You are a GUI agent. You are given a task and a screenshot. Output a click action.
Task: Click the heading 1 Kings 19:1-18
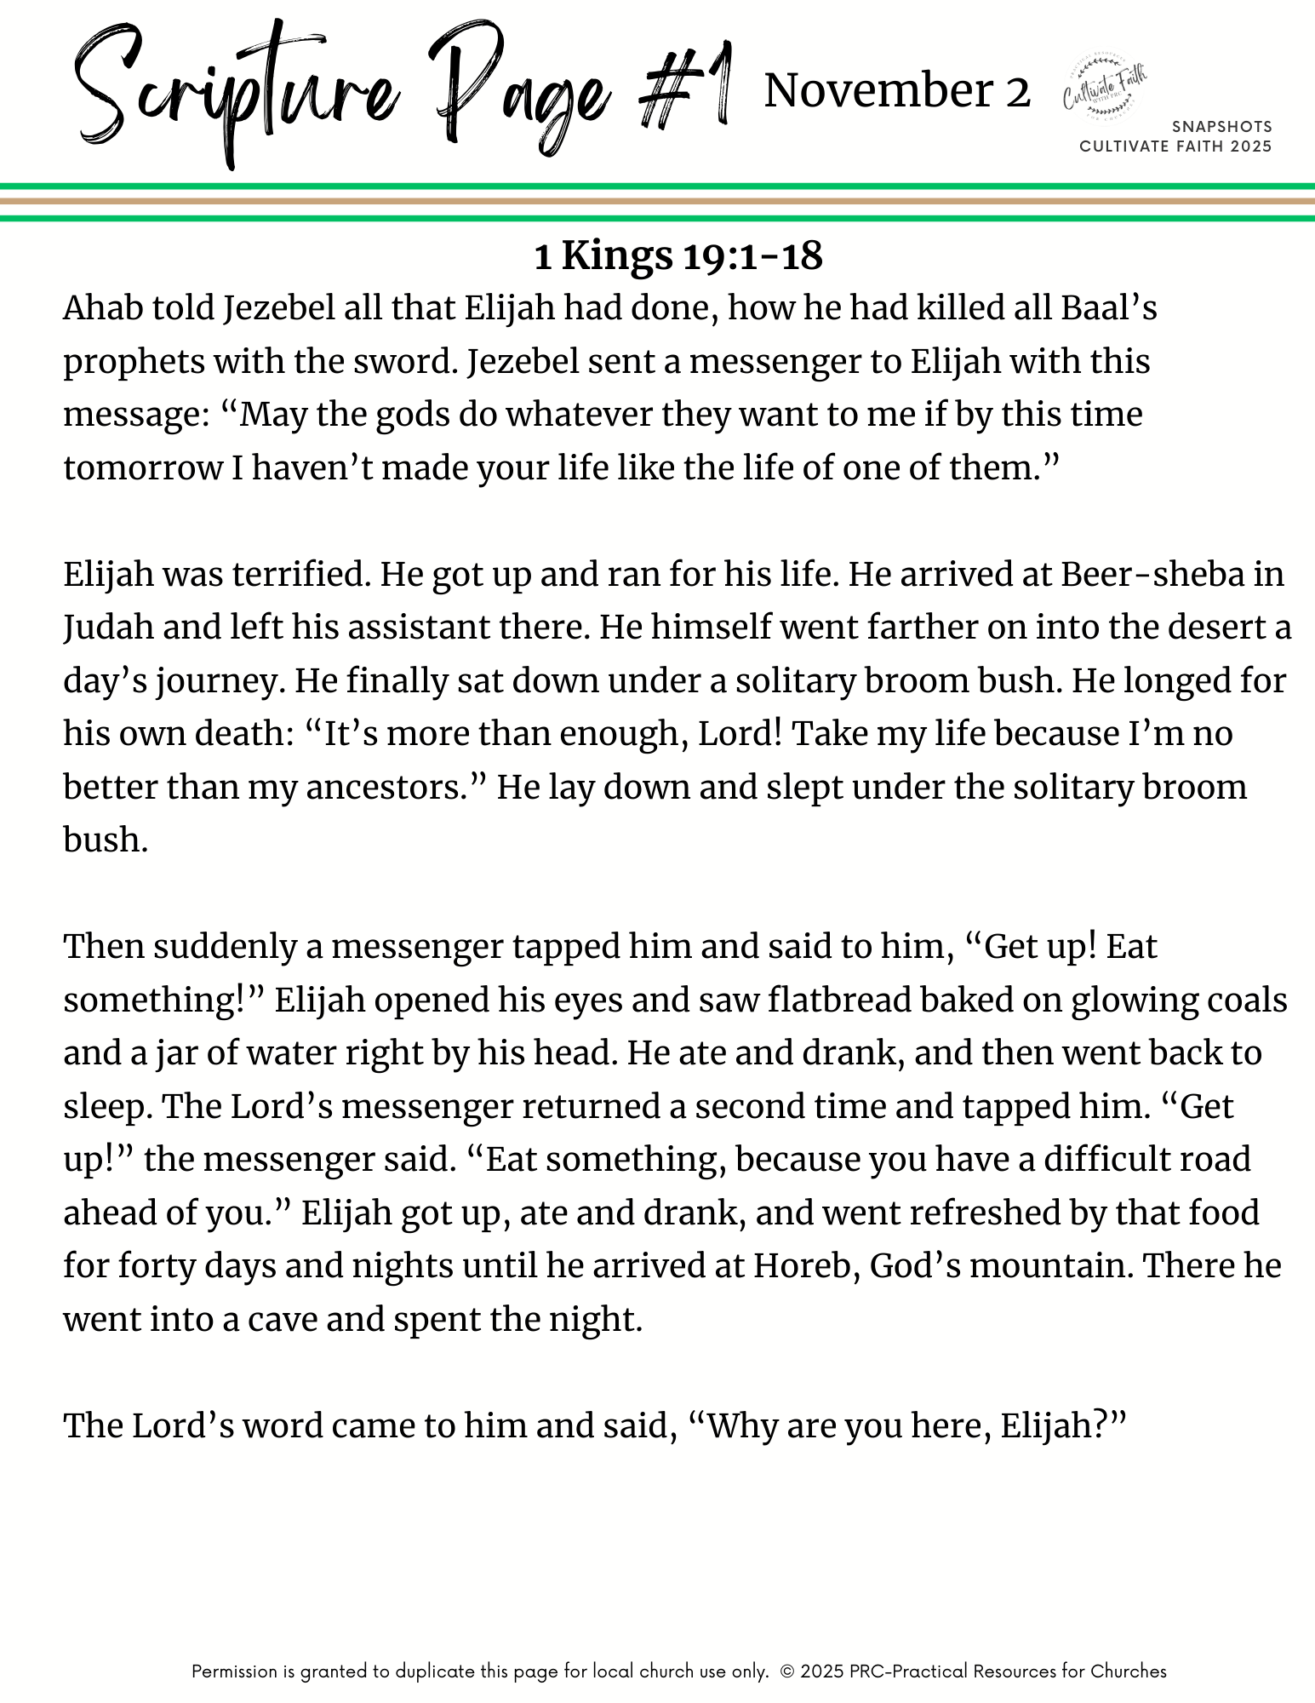678,255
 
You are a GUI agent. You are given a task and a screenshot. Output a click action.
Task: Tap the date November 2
897,91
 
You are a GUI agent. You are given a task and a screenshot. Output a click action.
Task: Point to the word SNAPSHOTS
1221,127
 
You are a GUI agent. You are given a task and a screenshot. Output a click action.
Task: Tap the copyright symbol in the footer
786,1671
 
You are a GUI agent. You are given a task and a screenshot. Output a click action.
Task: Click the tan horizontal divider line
657,202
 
